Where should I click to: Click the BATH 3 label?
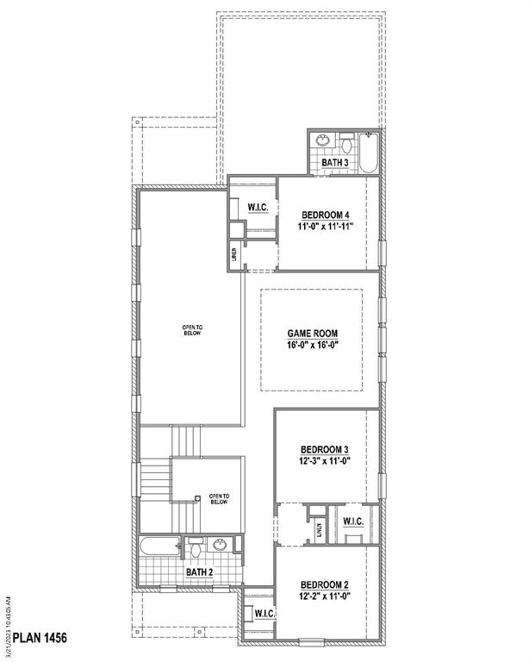tap(335, 162)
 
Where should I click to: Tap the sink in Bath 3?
tap(322, 141)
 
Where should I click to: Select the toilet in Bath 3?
tap(345, 141)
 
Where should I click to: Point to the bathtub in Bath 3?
tap(370, 152)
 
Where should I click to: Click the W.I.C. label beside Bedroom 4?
tap(258, 208)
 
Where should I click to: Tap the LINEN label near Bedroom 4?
tap(233, 254)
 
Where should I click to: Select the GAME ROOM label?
tap(312, 333)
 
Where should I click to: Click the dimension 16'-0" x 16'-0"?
tap(312, 346)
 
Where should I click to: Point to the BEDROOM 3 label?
tap(325, 449)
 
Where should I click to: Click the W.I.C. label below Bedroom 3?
tap(353, 521)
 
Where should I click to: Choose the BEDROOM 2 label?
tap(325, 584)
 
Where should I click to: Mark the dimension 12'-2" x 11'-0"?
tap(325, 596)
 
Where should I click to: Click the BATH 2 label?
tap(200, 571)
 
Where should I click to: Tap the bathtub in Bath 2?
tap(159, 545)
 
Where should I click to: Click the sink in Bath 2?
tap(221, 544)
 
